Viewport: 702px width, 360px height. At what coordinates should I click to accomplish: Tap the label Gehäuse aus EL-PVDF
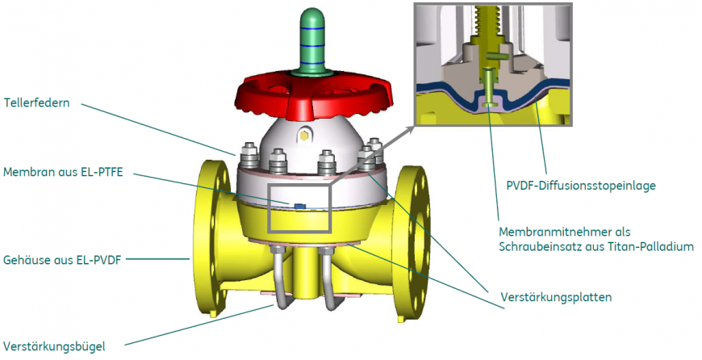63,259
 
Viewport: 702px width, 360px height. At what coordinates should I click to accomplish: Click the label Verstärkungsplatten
549,296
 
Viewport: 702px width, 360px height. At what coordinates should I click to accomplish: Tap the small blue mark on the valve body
300,206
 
